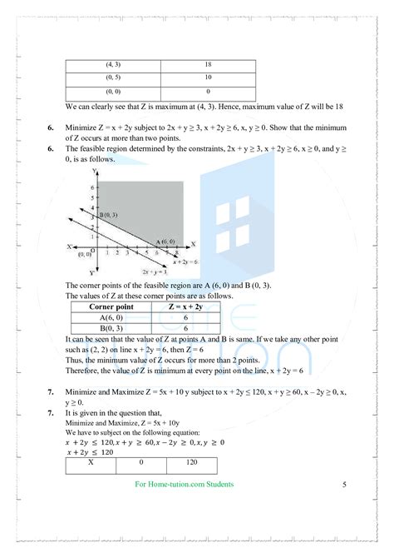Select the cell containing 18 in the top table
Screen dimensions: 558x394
207,64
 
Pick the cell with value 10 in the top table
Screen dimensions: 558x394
207,77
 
